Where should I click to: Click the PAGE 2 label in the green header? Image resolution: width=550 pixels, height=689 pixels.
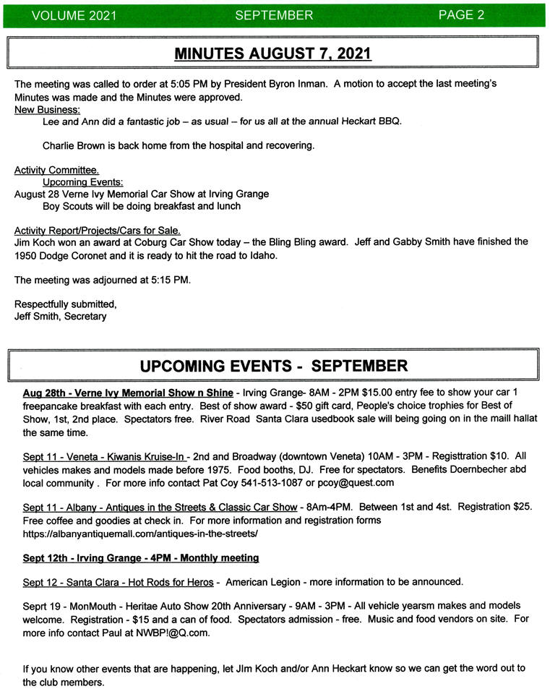pyautogui.click(x=461, y=14)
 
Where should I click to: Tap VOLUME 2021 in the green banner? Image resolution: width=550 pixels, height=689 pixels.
pyautogui.click(x=64, y=15)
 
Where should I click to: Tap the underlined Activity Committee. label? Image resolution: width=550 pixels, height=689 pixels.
pyautogui.click(x=56, y=170)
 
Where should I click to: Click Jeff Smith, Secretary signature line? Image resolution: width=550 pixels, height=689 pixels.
pyautogui.click(x=60, y=316)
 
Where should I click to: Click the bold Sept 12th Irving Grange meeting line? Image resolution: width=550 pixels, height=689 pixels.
pyautogui.click(x=141, y=557)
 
